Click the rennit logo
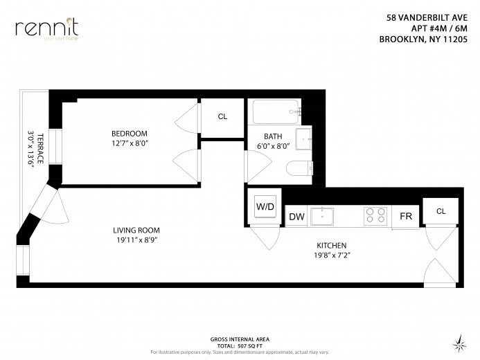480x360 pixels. point(47,28)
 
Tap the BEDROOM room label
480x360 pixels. point(130,134)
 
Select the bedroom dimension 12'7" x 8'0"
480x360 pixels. point(130,143)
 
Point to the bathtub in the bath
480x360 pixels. point(276,111)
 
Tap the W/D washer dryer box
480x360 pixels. point(265,206)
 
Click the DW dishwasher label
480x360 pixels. point(296,217)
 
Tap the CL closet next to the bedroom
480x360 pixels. point(222,116)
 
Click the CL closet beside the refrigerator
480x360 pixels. point(441,210)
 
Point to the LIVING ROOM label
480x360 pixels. point(136,231)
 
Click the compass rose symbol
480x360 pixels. point(458,341)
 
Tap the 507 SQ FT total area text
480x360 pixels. point(248,344)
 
